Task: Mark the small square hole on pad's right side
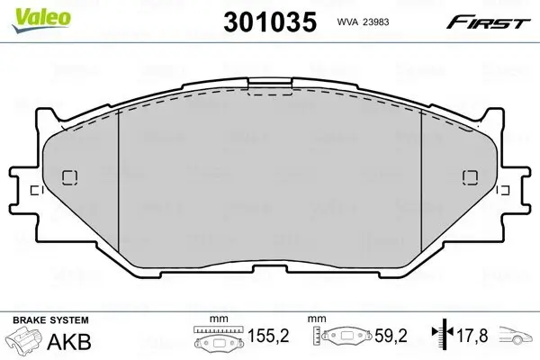(x=467, y=175)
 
